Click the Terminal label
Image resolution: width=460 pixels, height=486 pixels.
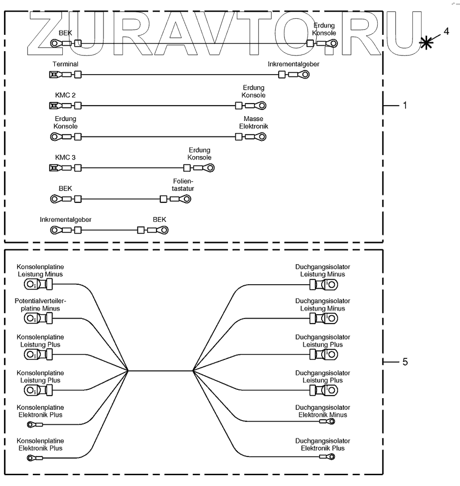[65, 64]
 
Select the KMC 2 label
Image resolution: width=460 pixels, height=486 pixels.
[65, 95]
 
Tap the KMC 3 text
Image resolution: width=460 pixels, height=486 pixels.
[65, 158]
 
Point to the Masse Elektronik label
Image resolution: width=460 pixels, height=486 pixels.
[254, 123]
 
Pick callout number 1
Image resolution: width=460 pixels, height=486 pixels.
[405, 105]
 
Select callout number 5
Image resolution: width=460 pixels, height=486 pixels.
[405, 362]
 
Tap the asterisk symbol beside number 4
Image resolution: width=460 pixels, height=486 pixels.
[427, 42]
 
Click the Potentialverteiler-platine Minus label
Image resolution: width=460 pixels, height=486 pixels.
[40, 305]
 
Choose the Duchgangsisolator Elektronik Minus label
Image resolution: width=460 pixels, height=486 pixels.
[323, 411]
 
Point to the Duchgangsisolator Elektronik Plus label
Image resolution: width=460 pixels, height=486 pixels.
[323, 445]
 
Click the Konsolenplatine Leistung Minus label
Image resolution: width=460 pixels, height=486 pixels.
[40, 270]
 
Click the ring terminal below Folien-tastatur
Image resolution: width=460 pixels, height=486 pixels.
[185, 199]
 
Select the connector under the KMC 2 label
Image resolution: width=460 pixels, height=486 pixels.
[53, 106]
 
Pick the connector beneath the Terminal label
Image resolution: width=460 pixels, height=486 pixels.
[53, 75]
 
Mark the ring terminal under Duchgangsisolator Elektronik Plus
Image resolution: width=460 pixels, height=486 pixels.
[332, 457]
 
